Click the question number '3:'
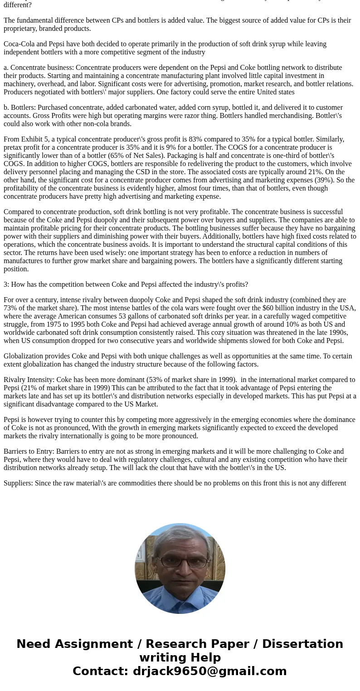[x=6, y=284]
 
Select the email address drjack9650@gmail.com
[x=209, y=671]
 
